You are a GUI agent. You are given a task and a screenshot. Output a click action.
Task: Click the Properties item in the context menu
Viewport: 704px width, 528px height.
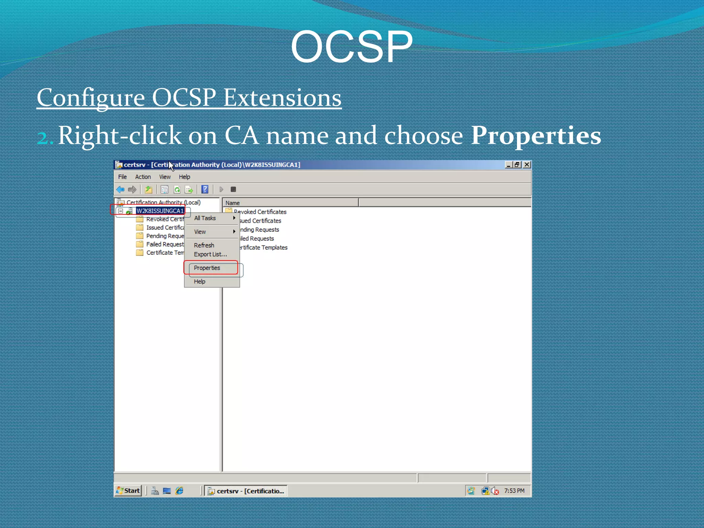(x=207, y=268)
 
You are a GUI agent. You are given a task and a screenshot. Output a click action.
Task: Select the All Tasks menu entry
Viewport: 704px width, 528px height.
(x=205, y=218)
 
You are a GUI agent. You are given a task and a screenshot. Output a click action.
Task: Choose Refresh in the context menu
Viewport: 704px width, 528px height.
(x=204, y=245)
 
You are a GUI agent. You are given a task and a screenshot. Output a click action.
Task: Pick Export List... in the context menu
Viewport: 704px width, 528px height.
(x=210, y=254)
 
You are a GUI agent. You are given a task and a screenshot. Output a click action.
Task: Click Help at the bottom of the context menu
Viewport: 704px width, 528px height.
(x=199, y=282)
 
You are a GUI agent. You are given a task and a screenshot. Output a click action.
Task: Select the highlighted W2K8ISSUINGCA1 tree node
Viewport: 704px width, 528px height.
(x=160, y=211)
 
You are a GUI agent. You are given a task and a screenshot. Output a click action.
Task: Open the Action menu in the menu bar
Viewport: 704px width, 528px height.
(x=143, y=177)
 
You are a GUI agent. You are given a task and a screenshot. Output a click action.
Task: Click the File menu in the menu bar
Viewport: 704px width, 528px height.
(x=122, y=177)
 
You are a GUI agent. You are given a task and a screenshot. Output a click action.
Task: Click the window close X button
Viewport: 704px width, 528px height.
(x=527, y=165)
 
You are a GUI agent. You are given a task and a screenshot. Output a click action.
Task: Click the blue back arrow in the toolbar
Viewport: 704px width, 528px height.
(x=120, y=189)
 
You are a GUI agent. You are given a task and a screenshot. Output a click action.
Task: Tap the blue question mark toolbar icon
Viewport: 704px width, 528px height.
(x=205, y=189)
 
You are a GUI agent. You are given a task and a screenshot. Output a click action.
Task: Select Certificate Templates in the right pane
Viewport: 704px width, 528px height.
(x=264, y=247)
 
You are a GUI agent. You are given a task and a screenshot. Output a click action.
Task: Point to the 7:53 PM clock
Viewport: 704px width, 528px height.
(x=514, y=491)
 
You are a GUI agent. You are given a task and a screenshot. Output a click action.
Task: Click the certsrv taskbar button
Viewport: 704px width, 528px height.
(x=246, y=491)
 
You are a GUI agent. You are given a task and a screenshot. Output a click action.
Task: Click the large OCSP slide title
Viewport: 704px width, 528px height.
(x=351, y=46)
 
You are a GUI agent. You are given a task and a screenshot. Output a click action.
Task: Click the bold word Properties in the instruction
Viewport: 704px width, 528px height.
(x=536, y=135)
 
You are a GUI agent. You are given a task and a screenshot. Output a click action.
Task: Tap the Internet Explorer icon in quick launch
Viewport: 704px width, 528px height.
(x=179, y=491)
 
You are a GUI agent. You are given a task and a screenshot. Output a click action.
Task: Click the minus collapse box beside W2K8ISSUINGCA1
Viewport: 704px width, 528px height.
(x=121, y=211)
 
